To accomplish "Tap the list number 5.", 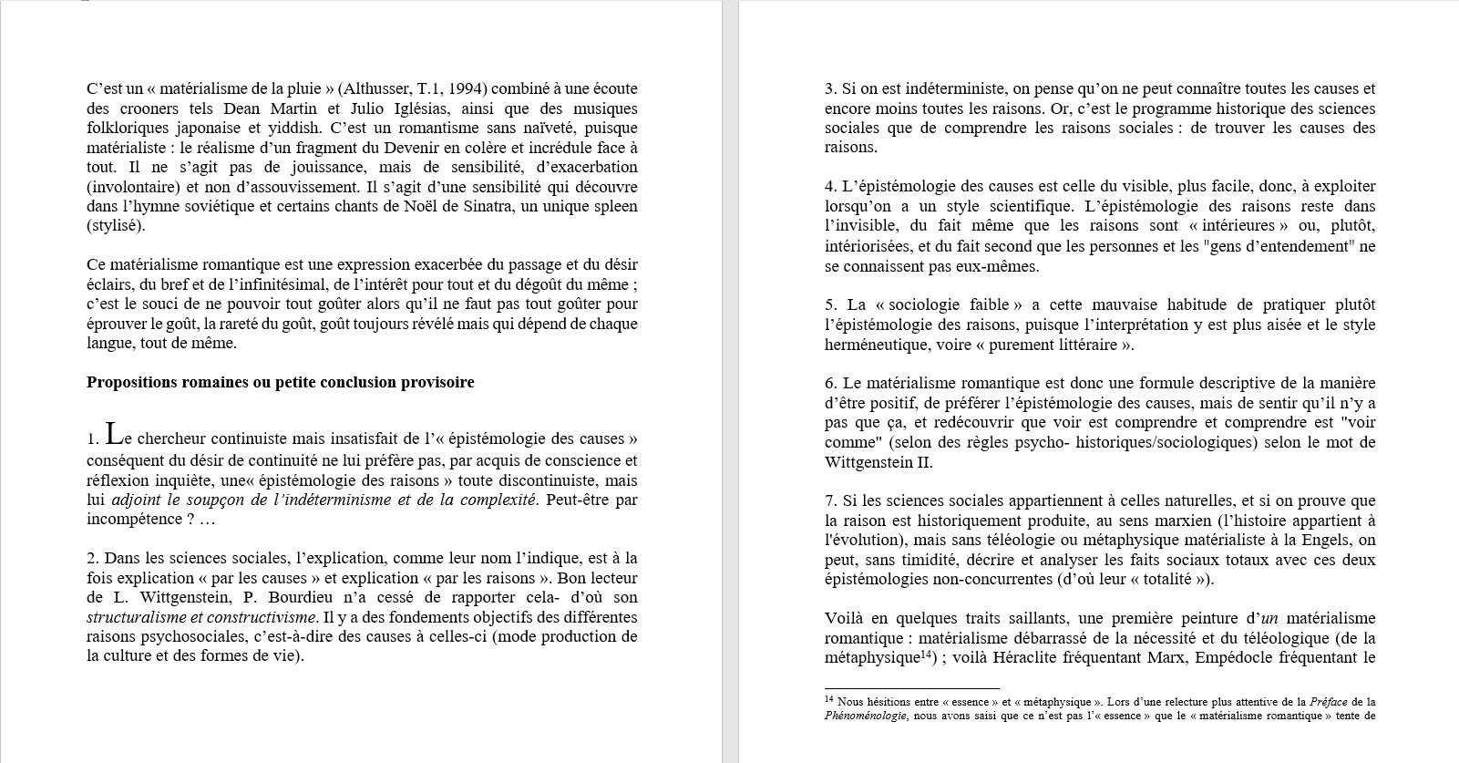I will point(830,304).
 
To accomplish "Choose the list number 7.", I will point(830,500).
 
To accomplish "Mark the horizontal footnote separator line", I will point(911,688).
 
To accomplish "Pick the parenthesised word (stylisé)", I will point(116,225).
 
